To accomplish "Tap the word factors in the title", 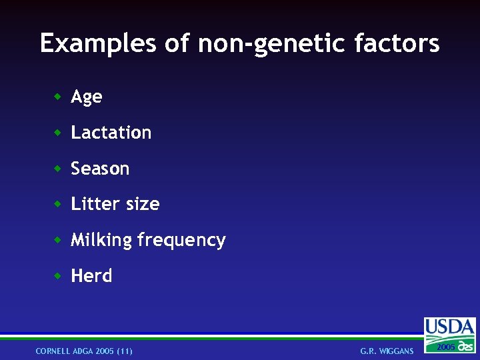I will [397, 44].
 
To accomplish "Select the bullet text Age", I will [87, 97].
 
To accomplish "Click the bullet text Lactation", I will [111, 133].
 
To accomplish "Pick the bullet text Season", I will [100, 169].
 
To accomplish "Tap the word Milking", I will [101, 240].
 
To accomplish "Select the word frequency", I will [181, 240].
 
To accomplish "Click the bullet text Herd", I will [91, 276].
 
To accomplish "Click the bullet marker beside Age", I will [58, 97].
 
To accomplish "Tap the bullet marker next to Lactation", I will [58, 133].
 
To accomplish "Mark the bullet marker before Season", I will [58, 169].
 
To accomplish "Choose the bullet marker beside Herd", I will [58, 275].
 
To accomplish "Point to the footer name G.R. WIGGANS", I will [387, 351].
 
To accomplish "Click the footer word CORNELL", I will [54, 351].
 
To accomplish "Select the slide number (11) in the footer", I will [124, 351].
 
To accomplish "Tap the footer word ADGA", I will [84, 351].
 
